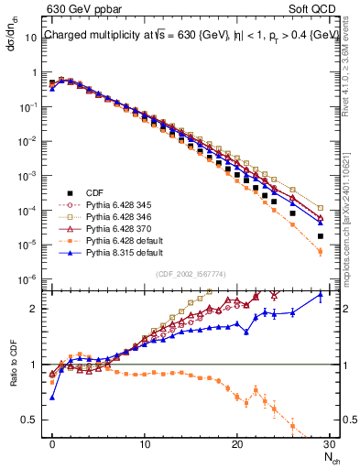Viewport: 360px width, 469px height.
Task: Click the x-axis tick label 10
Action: (144, 443)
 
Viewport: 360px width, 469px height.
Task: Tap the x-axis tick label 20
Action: (236, 443)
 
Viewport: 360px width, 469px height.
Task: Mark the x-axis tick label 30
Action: (328, 443)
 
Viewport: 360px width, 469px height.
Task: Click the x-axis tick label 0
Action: (52, 443)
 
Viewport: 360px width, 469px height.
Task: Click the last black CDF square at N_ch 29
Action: (320, 235)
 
